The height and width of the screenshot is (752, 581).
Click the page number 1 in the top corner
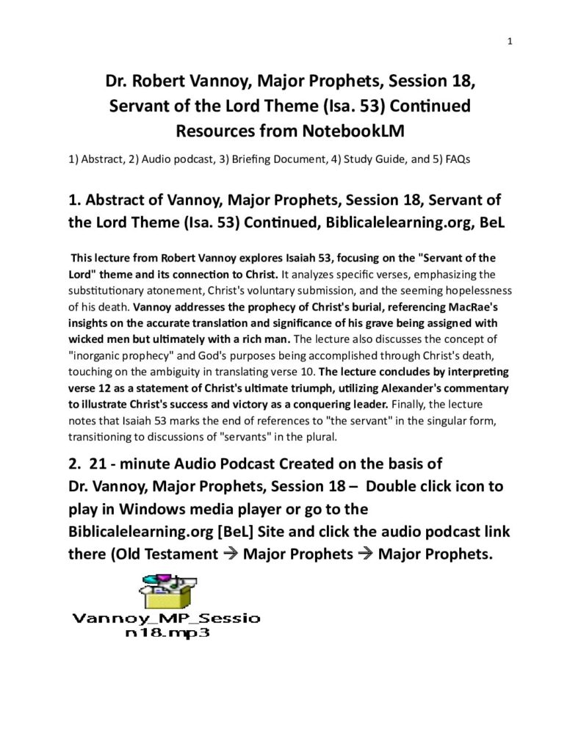[x=509, y=41]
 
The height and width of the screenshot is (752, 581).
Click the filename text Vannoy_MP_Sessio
[x=165, y=618]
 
